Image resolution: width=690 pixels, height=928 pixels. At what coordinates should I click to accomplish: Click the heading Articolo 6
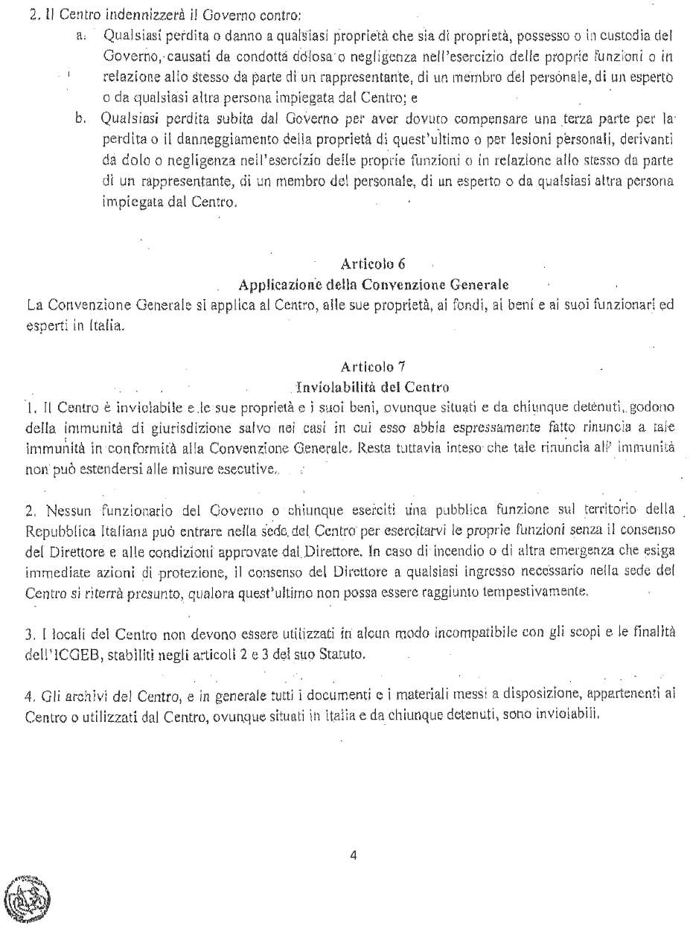(372, 264)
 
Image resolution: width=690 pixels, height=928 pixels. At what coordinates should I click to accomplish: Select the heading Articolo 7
(372, 366)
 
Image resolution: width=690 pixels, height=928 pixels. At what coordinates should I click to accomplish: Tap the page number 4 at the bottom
(353, 855)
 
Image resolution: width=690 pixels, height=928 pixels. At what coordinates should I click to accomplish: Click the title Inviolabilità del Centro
(372, 387)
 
